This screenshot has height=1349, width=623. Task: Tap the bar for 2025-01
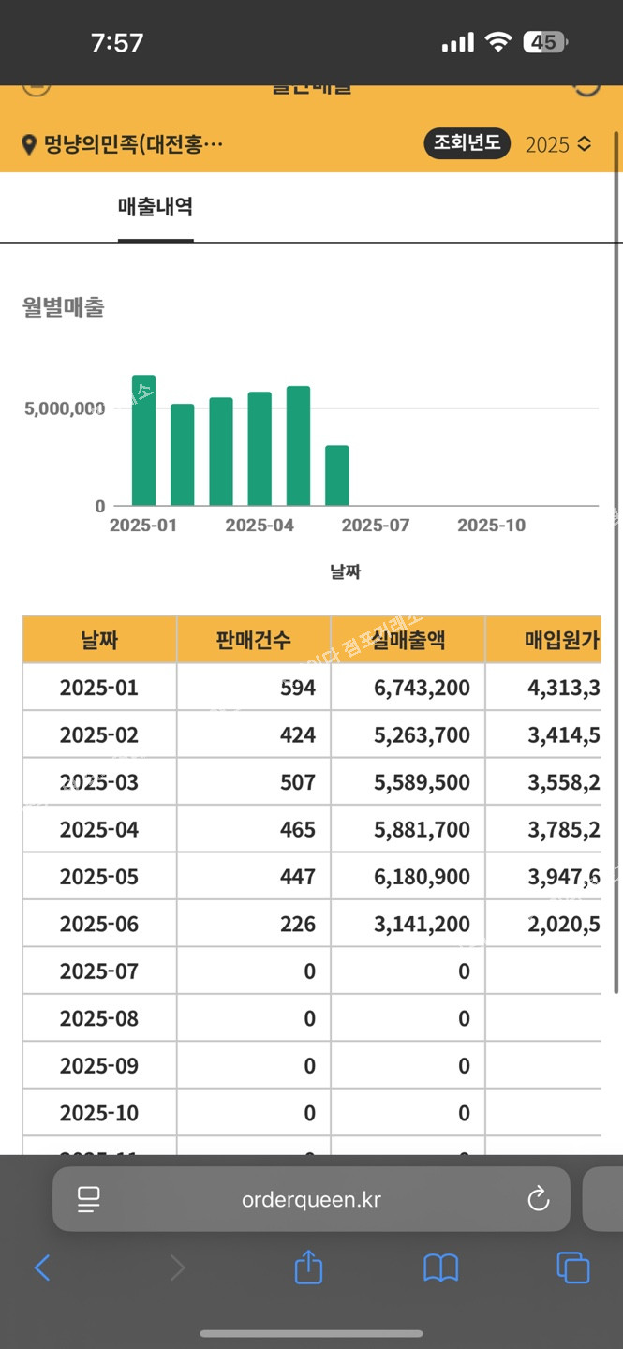143,440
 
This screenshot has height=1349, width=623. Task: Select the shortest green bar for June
337,476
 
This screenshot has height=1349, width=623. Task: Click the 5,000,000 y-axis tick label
62,408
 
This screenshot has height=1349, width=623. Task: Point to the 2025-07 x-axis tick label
375,526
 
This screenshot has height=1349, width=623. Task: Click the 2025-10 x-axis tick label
491,526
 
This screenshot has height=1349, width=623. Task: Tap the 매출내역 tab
156,207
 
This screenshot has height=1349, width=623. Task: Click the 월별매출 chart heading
64,307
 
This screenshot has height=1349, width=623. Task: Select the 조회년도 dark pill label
467,143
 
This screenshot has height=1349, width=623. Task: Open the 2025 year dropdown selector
558,144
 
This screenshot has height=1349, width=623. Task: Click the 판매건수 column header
253,640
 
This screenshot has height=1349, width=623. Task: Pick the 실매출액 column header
408,640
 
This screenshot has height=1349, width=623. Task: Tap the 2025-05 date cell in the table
99,877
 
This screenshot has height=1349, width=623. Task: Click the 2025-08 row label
99,1019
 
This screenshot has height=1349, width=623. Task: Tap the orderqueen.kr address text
311,1199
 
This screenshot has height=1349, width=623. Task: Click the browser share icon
308,1268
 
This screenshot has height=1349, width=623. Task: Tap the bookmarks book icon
440,1268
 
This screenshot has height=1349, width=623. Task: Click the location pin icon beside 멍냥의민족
29,145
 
